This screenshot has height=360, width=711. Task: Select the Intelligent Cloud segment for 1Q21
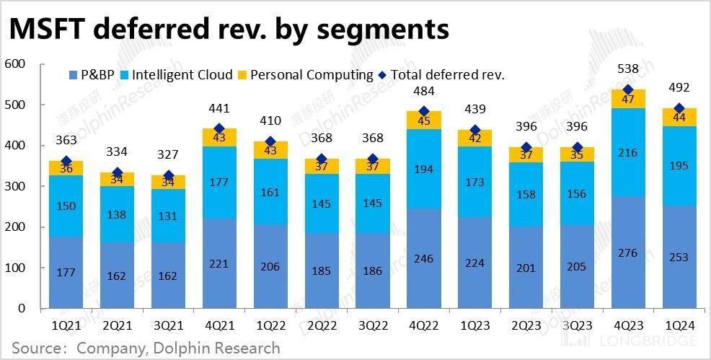pyautogui.click(x=66, y=206)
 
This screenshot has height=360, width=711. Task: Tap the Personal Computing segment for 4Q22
pyautogui.click(x=423, y=120)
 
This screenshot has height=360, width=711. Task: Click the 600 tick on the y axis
pyautogui.click(x=15, y=64)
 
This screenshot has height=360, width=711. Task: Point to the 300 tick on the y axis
pyautogui.click(x=15, y=186)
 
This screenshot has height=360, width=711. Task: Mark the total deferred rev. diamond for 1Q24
pyautogui.click(x=679, y=109)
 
